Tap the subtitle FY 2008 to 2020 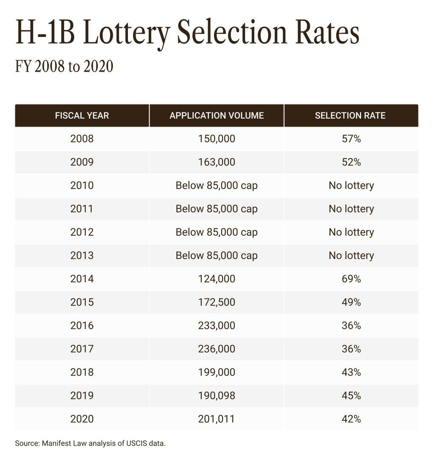click(x=64, y=67)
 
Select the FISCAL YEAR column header click(x=82, y=116)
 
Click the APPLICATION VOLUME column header click(x=217, y=116)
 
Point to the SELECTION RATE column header click(x=350, y=116)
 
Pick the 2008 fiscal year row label click(x=82, y=139)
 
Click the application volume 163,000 click(x=217, y=162)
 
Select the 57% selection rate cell click(x=351, y=139)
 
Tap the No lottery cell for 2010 click(x=351, y=186)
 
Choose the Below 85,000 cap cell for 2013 click(x=217, y=256)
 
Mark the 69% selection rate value click(x=351, y=279)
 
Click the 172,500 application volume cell click(x=217, y=302)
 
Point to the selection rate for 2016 click(x=351, y=326)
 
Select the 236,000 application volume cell click(x=217, y=349)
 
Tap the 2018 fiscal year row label click(x=82, y=372)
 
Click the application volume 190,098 click(x=217, y=395)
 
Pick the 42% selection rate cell click(x=351, y=419)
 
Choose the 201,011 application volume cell click(x=217, y=419)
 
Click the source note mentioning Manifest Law click(x=90, y=444)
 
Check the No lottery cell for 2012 click(x=351, y=232)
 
